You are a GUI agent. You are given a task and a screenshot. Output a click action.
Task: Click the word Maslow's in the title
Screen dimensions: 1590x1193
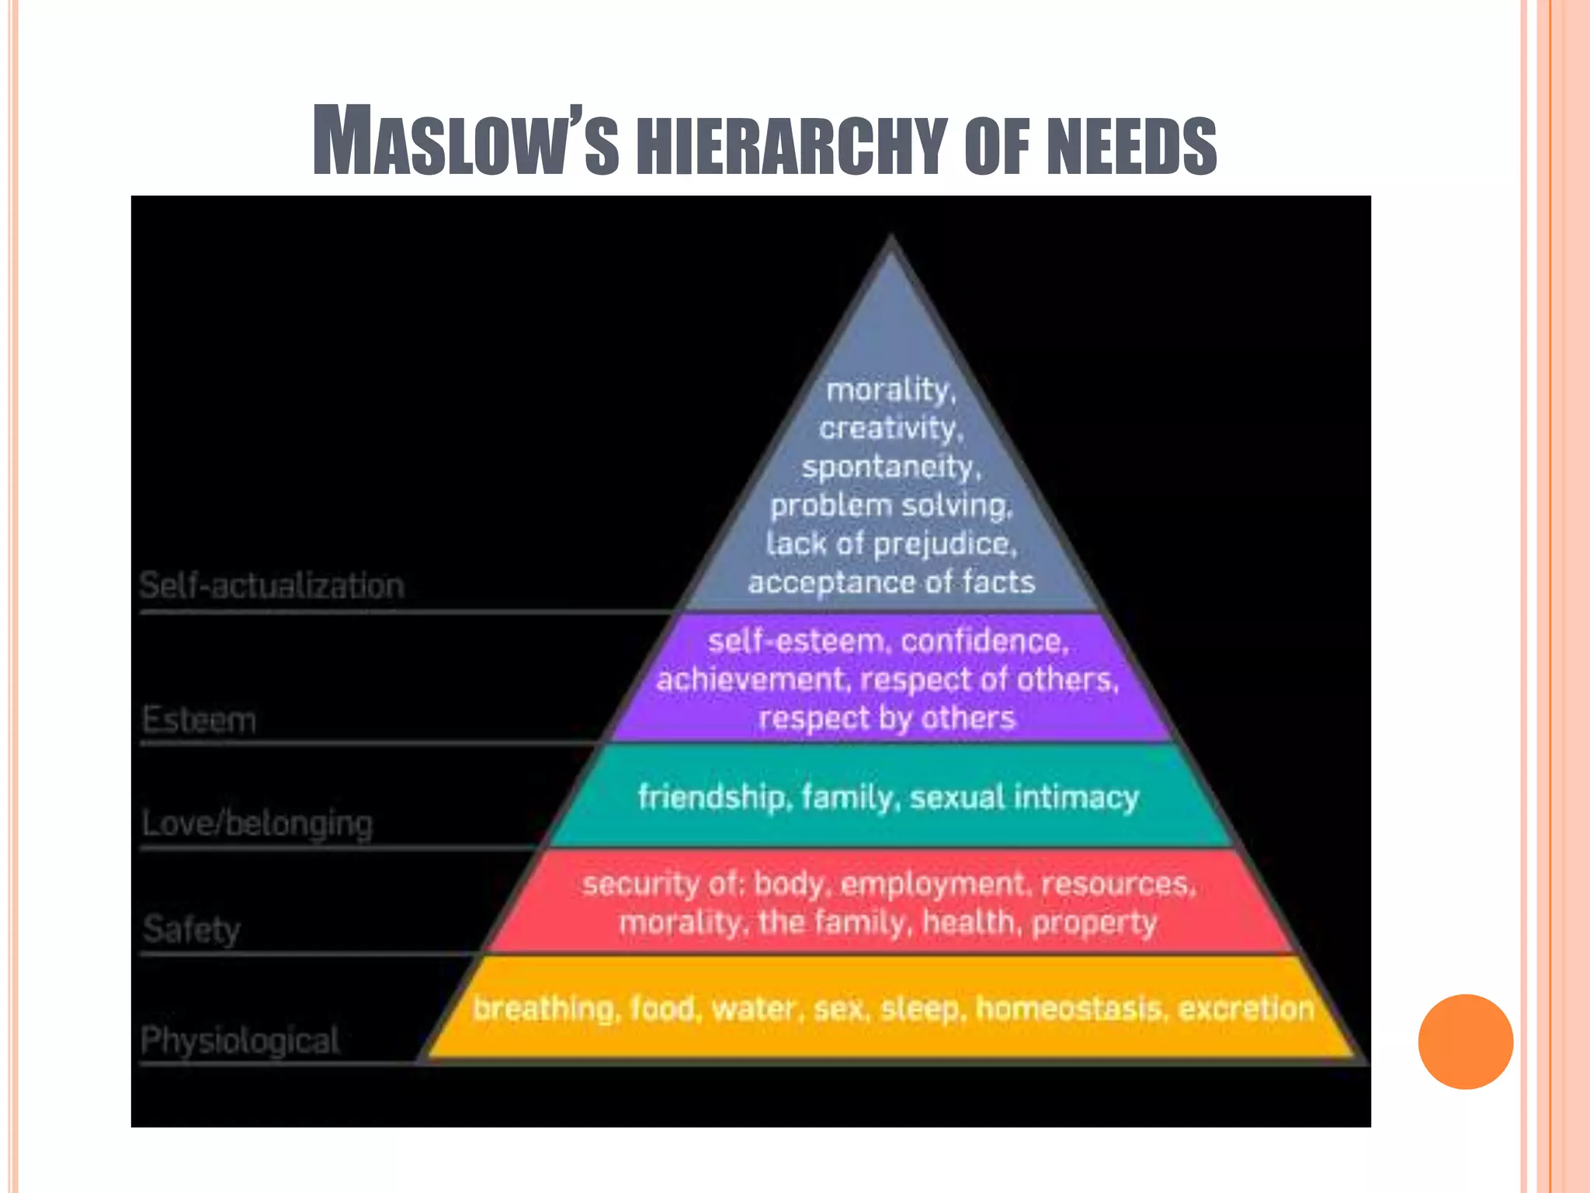(x=466, y=141)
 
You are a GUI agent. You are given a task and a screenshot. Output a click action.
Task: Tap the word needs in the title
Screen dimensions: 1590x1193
(x=1131, y=146)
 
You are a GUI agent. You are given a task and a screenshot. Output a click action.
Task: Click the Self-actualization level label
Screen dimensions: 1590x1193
(x=272, y=586)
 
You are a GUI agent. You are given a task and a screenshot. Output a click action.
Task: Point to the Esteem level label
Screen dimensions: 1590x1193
(x=199, y=720)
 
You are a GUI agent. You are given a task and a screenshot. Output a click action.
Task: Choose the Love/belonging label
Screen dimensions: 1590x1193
(x=258, y=823)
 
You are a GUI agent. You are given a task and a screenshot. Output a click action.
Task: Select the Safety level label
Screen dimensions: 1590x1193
(x=192, y=929)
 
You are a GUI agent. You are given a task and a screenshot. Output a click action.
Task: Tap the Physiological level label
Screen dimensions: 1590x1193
(x=240, y=1040)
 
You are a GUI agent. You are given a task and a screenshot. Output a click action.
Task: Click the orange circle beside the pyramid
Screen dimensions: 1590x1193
(x=1465, y=1042)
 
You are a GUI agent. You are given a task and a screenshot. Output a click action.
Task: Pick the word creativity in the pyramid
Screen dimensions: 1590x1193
(x=890, y=428)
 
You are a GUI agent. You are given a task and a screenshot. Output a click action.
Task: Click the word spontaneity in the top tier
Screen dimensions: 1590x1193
(x=890, y=467)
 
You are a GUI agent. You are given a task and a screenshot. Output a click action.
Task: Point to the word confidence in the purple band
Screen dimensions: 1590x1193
(x=984, y=642)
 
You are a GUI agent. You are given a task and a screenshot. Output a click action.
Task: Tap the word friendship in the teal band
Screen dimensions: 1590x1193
(x=712, y=798)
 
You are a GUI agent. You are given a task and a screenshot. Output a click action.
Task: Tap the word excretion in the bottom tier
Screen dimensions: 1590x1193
(x=1245, y=1009)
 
